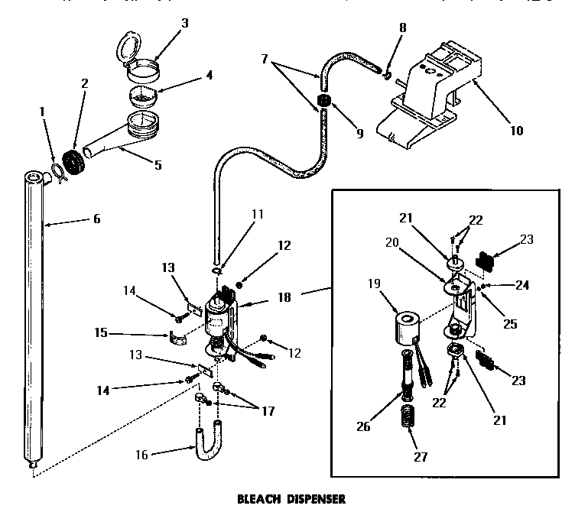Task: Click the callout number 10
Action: coord(516,131)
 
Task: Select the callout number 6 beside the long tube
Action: coord(96,219)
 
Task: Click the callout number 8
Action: coord(404,28)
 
